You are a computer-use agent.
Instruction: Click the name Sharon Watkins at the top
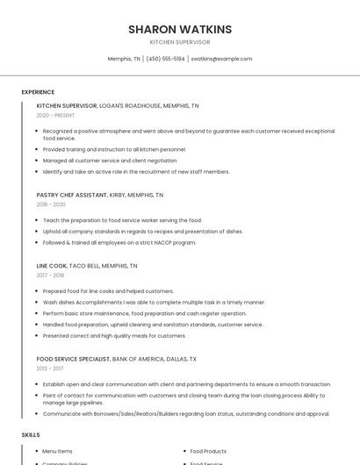coord(180,29)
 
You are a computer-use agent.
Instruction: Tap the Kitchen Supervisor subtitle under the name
coord(180,41)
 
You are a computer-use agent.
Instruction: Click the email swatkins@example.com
coord(221,59)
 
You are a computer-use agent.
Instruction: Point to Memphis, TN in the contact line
coord(123,59)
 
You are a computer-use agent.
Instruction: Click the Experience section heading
coord(38,92)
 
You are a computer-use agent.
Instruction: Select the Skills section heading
coord(31,434)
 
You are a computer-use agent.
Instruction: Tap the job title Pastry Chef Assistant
coord(71,195)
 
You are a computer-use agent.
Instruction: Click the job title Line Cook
coord(51,265)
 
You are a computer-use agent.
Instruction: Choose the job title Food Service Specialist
coord(73,359)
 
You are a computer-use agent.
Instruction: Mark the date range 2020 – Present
coord(55,115)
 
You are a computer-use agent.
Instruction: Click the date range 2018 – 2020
coord(51,204)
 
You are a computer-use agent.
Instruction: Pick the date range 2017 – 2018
coord(50,275)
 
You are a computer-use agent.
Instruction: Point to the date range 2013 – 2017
coord(50,368)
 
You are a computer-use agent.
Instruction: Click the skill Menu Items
coord(58,451)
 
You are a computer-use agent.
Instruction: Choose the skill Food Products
coord(208,451)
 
